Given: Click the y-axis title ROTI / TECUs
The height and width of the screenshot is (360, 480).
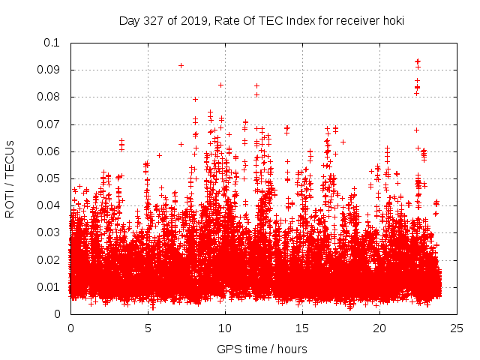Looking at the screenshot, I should (x=10, y=178).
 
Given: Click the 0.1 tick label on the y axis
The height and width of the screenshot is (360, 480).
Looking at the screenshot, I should (x=52, y=43).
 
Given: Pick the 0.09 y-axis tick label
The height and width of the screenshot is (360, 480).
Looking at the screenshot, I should (x=49, y=70).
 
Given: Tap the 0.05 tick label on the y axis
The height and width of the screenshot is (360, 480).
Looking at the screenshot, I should (x=49, y=178).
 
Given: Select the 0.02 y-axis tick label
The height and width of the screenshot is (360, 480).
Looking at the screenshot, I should (x=49, y=260).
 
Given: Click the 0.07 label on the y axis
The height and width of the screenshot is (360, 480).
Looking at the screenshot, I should (x=49, y=124).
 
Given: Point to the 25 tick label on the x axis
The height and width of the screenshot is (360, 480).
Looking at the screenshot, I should (x=457, y=328).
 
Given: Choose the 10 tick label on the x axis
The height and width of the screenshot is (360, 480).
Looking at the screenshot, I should (x=225, y=328).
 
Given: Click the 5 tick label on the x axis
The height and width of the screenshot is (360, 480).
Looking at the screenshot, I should (x=148, y=328).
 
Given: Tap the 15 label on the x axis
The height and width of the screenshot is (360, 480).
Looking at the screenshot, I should (x=302, y=328).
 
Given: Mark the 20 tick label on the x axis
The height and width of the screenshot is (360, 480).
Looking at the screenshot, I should (x=379, y=328).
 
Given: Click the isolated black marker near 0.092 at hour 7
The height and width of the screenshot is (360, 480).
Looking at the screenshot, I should (x=181, y=65).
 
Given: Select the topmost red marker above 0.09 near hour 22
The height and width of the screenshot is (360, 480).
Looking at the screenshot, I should (x=418, y=61).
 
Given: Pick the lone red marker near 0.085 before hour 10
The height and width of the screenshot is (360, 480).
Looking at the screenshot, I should (x=220, y=85).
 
